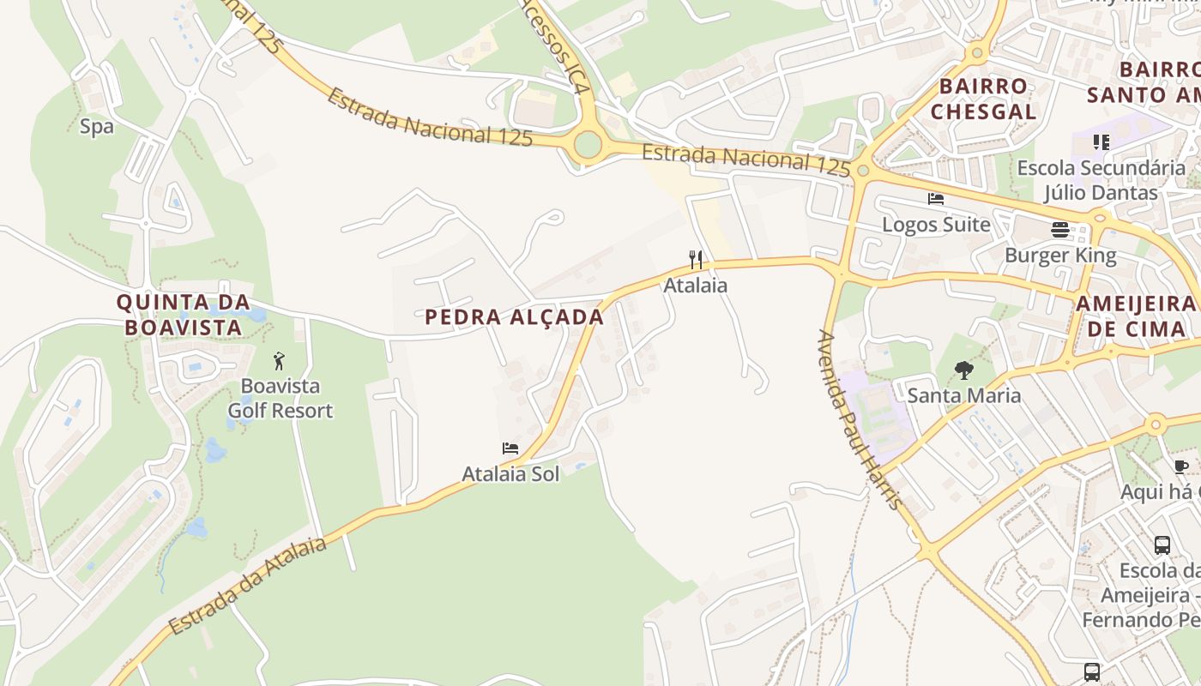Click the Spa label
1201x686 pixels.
coord(96,127)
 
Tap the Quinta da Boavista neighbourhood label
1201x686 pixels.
coord(183,314)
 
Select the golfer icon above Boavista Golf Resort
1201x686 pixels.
coord(279,361)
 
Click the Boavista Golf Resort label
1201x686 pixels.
coord(280,399)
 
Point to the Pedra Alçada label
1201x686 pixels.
coord(515,317)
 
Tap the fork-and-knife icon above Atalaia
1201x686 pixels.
coord(696,259)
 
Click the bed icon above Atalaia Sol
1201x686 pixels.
coord(510,448)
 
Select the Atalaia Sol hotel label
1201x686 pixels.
coord(510,474)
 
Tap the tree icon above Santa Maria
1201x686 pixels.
coord(964,370)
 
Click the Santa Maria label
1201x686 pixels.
coord(964,395)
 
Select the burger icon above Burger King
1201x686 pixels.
coord(1060,230)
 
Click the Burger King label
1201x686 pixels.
coord(1060,256)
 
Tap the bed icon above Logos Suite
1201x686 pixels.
coord(936,199)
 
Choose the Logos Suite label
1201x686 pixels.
coord(936,225)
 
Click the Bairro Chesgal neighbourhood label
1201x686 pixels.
coord(983,99)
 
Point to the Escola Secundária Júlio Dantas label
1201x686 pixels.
coord(1101,180)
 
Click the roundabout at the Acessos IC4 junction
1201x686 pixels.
coord(588,144)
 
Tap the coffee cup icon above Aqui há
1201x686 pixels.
coord(1181,466)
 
